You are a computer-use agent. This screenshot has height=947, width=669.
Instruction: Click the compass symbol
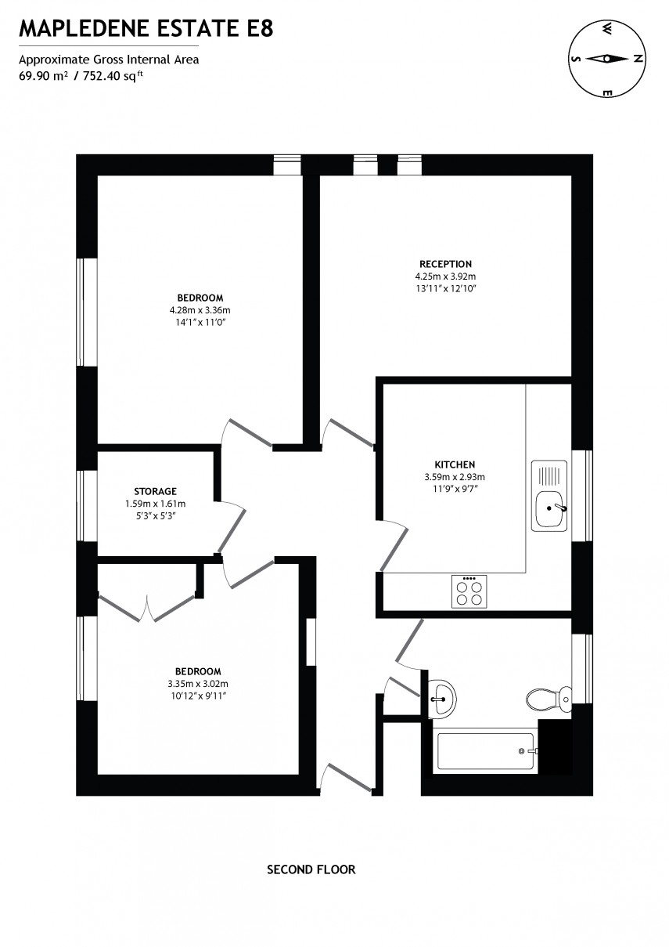coord(606,59)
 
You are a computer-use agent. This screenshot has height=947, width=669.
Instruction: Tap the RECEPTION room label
coord(445,264)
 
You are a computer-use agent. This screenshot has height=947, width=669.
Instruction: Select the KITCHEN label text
coord(455,464)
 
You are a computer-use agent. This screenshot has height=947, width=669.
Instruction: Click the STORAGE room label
coord(155,491)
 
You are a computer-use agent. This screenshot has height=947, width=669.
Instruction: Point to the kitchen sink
coord(550,507)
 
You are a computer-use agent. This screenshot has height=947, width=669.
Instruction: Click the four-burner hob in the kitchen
coord(469,591)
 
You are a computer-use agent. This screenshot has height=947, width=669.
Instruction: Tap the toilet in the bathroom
coord(549,696)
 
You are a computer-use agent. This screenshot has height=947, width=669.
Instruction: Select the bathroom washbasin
coord(442,694)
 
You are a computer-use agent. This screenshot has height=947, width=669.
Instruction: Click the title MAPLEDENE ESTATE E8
coord(146,31)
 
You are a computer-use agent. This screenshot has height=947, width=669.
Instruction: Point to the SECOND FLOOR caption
coord(311,869)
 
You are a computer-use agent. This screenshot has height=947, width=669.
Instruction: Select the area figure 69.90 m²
coord(41,76)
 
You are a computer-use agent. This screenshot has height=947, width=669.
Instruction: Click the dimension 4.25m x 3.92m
coord(445,277)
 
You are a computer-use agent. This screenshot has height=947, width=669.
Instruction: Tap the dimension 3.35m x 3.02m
coord(198,683)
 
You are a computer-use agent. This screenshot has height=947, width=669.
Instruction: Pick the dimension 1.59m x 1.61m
coord(155,504)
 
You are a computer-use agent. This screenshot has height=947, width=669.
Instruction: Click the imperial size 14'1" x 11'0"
coord(200,321)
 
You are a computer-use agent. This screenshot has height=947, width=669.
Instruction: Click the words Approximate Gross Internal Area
coord(109,60)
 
